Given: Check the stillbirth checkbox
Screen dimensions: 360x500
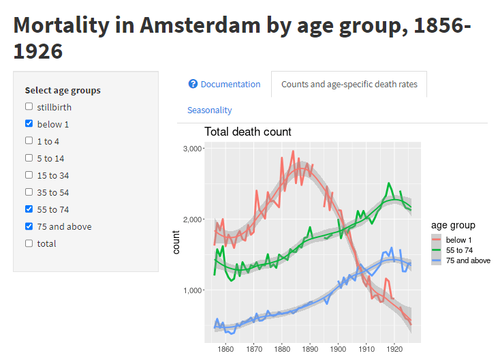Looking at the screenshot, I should click(x=29, y=106).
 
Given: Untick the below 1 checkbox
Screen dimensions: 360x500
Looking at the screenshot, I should click(x=29, y=123).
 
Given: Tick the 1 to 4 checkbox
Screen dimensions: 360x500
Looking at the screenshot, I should click(x=29, y=140).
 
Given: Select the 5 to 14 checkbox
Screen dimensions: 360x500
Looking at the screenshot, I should click(x=29, y=157).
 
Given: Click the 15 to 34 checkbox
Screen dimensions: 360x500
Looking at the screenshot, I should click(x=29, y=175).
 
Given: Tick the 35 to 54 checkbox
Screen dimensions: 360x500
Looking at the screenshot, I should click(x=29, y=192).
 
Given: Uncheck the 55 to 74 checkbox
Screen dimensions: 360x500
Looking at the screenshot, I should click(x=29, y=209).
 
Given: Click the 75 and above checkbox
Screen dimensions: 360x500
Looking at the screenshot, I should click(x=29, y=226).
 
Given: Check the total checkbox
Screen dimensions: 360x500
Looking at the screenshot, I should click(x=29, y=243).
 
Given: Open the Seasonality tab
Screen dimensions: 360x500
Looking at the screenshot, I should click(x=210, y=110).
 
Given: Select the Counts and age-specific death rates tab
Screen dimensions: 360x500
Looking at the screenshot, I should click(x=349, y=85).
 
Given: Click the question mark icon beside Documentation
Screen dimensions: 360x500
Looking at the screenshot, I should click(x=193, y=85).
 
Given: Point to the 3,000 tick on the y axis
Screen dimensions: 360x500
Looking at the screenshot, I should click(x=194, y=149).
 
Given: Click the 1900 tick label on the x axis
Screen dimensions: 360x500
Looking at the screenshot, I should click(x=338, y=348).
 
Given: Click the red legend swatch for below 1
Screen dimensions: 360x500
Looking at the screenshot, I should click(x=437, y=240).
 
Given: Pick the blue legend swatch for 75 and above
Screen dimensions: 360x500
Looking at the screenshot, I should click(x=437, y=260).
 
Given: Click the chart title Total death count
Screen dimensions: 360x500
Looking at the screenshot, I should click(x=248, y=132).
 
